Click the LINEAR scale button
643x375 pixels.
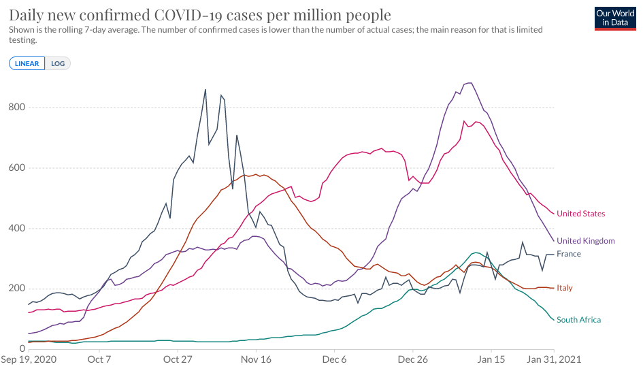(27, 63)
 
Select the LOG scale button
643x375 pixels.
(58, 63)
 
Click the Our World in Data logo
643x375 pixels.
(615, 18)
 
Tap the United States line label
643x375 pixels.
(580, 214)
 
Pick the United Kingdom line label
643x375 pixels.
(585, 241)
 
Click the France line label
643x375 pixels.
(568, 254)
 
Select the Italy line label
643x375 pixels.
(564, 288)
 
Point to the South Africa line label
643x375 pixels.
(578, 320)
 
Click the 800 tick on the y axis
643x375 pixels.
(17, 108)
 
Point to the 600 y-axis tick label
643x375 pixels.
(17, 168)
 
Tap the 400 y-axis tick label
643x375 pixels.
(17, 229)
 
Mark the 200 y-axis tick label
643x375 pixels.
(17, 289)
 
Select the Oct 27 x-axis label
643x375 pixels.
(176, 359)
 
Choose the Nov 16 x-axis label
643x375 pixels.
(257, 359)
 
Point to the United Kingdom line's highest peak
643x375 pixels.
(468, 83)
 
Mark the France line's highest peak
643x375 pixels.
(205, 90)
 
